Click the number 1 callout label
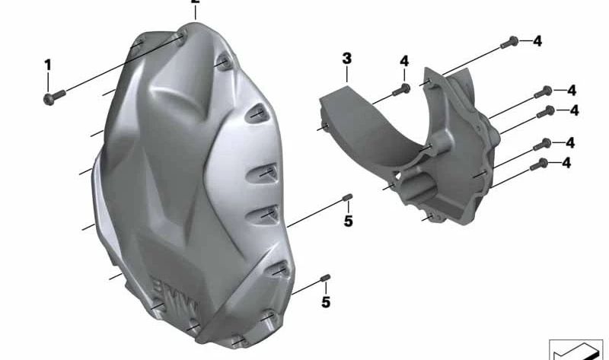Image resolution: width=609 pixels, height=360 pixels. (47, 65)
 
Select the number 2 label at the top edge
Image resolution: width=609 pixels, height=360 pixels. (196, 3)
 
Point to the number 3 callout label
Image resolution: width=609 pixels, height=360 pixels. (346, 59)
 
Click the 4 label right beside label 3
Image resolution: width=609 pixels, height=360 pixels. (404, 61)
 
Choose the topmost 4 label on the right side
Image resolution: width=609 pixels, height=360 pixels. (537, 41)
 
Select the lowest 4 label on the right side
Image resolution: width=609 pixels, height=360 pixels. (566, 163)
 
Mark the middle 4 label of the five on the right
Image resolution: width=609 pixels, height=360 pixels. (574, 111)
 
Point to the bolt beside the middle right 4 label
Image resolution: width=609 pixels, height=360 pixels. (545, 112)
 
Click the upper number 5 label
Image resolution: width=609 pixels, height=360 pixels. (348, 222)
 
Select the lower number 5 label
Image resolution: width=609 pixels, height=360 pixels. (325, 302)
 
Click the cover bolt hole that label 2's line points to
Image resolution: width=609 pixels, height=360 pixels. (180, 35)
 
